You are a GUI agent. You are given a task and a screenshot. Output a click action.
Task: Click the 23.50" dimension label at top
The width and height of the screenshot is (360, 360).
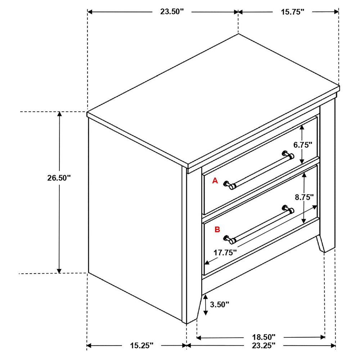click(172, 12)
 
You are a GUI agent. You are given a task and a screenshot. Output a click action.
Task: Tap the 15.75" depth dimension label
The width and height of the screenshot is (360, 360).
click(292, 12)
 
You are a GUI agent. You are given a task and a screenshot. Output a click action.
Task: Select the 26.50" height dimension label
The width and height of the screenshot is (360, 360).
click(59, 178)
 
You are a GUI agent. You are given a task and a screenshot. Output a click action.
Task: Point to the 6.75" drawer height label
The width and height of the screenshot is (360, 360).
click(303, 145)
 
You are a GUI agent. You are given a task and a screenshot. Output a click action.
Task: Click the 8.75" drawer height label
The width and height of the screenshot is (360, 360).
click(304, 197)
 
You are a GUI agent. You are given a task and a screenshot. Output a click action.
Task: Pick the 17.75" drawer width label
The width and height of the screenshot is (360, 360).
click(225, 253)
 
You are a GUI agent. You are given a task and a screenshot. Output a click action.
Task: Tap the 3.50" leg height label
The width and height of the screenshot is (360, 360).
click(220, 305)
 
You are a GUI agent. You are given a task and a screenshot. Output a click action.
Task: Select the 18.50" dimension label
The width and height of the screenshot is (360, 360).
click(264, 337)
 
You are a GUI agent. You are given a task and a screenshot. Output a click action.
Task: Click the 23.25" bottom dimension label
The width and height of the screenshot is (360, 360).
click(264, 345)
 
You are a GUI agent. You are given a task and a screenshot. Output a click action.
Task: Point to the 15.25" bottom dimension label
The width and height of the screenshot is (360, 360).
click(141, 345)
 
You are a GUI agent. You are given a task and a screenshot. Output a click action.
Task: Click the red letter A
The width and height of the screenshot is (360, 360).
click(215, 181)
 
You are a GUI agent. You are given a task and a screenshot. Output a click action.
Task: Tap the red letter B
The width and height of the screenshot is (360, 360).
click(217, 229)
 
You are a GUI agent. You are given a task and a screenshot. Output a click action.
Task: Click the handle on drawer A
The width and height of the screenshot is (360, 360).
click(259, 170)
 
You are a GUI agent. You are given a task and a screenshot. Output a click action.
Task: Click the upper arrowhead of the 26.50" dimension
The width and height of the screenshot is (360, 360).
click(59, 114)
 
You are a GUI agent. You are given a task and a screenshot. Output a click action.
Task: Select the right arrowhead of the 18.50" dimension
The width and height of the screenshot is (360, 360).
click(322, 337)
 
